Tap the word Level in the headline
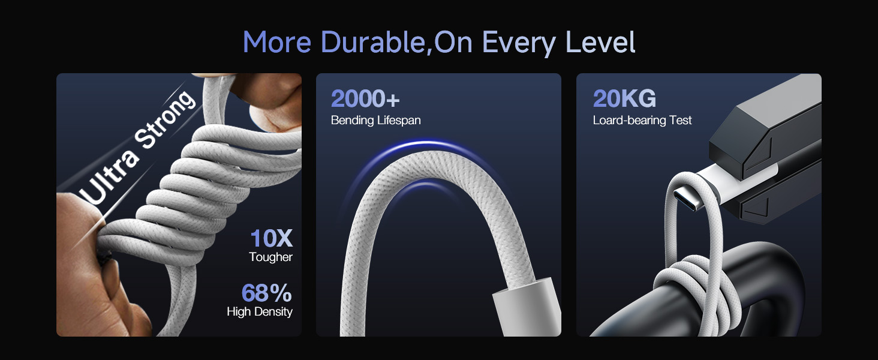(x=600, y=42)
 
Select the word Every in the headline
(x=519, y=43)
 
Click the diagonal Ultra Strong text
(x=137, y=147)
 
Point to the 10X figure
(x=271, y=238)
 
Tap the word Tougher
(x=270, y=257)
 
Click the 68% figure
(x=266, y=293)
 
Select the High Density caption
(x=260, y=312)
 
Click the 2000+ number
(x=365, y=98)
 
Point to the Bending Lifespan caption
(x=375, y=120)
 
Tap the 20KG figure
(x=624, y=98)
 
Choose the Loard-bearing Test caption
(x=642, y=120)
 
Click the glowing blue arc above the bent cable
(x=427, y=146)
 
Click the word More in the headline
(x=277, y=42)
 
